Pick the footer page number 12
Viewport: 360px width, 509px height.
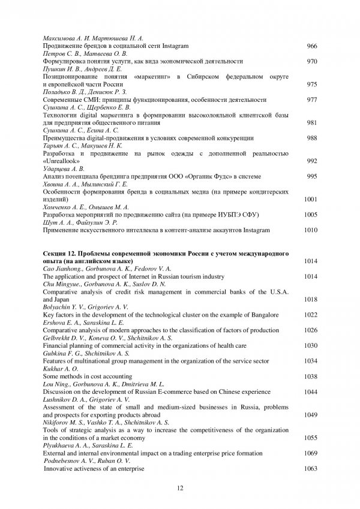[180, 488]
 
